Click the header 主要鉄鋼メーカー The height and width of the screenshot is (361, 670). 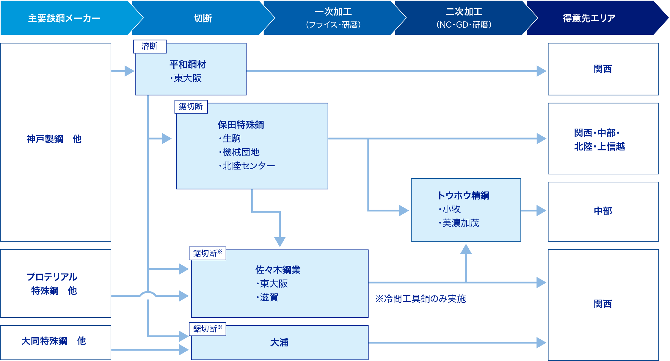[x=64, y=18]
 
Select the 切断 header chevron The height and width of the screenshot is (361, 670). [x=203, y=18]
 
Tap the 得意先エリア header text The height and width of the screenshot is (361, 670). [x=589, y=18]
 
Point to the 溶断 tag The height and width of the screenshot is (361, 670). [x=150, y=46]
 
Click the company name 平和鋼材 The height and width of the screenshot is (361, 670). [x=188, y=64]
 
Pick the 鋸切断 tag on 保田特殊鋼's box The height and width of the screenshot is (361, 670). [x=191, y=106]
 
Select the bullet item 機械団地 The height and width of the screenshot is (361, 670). [x=241, y=152]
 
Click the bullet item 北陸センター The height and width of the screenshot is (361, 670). [x=249, y=166]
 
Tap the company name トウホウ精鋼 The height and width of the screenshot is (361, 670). [x=463, y=195]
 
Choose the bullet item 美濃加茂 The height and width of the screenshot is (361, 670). [x=460, y=223]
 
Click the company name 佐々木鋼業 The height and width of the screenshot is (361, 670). [x=278, y=270]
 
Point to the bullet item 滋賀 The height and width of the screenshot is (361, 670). [x=269, y=297]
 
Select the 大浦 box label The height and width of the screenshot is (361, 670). [x=279, y=343]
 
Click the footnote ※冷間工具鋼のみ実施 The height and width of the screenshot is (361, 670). [x=420, y=299]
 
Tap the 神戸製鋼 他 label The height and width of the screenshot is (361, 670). [x=54, y=139]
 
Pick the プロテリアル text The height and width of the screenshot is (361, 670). [x=52, y=277]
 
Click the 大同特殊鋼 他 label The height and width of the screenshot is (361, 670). [x=54, y=341]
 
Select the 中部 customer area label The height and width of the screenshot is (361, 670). [x=603, y=211]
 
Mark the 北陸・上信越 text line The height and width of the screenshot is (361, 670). [x=599, y=146]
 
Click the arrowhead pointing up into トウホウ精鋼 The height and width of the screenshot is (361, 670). [x=466, y=249]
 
